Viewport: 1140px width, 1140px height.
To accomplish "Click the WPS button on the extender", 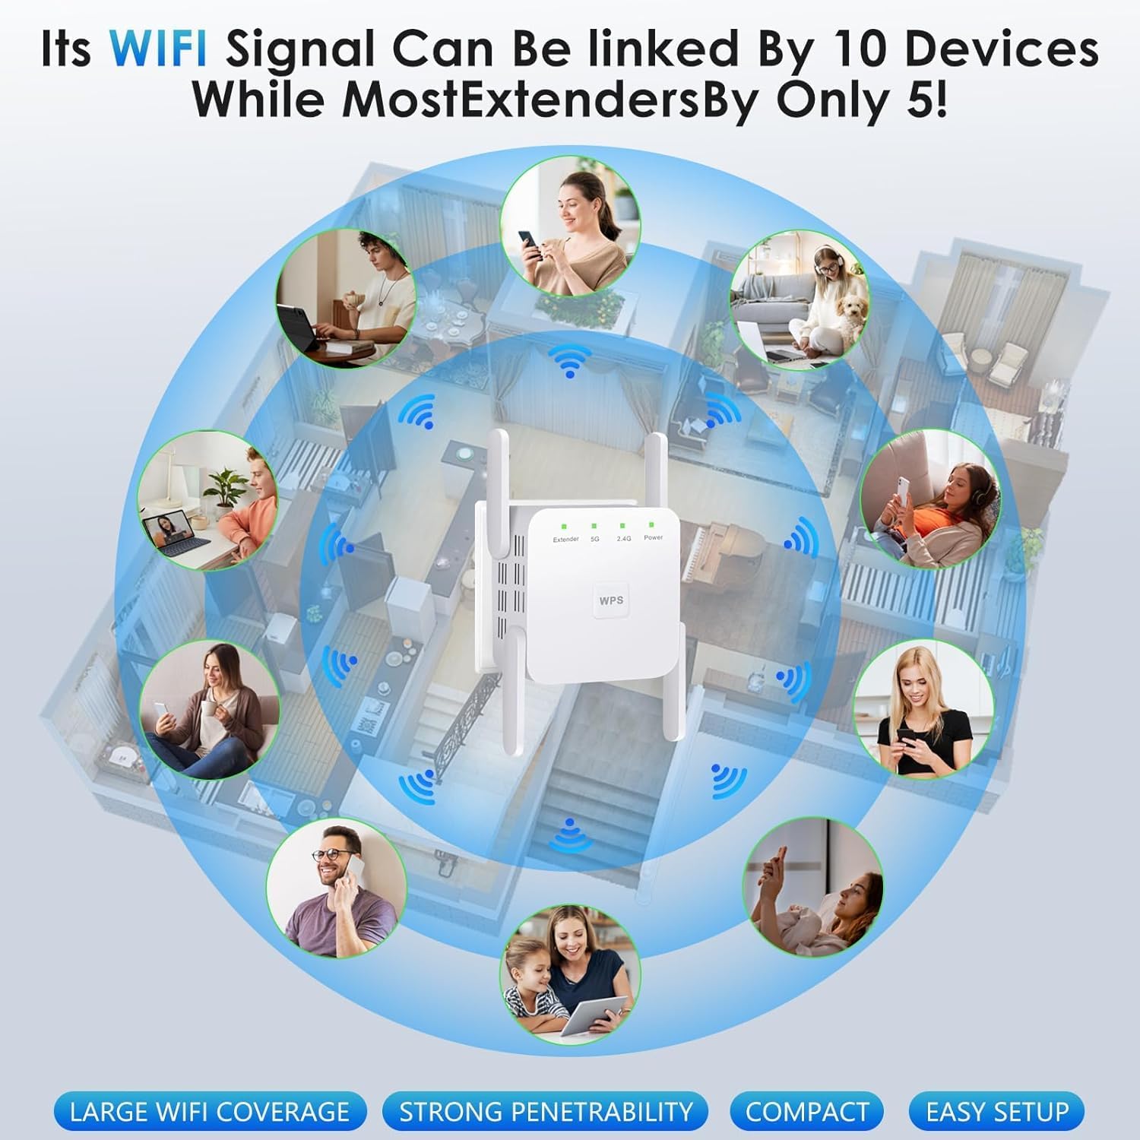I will (611, 600).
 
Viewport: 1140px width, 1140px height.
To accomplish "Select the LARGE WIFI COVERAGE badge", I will (210, 1111).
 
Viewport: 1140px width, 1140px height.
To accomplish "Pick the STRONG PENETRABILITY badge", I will (546, 1111).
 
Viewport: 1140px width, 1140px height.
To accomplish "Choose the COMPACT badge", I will (806, 1111).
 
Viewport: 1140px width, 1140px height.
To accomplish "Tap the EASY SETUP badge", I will (996, 1111).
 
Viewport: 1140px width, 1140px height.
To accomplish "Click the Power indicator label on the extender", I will (653, 537).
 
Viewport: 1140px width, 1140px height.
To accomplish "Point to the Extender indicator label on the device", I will (566, 539).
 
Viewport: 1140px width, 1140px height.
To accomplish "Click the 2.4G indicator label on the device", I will (623, 538).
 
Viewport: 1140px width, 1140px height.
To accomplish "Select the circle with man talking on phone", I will (337, 888).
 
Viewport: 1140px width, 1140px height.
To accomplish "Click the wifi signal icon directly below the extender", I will (570, 834).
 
